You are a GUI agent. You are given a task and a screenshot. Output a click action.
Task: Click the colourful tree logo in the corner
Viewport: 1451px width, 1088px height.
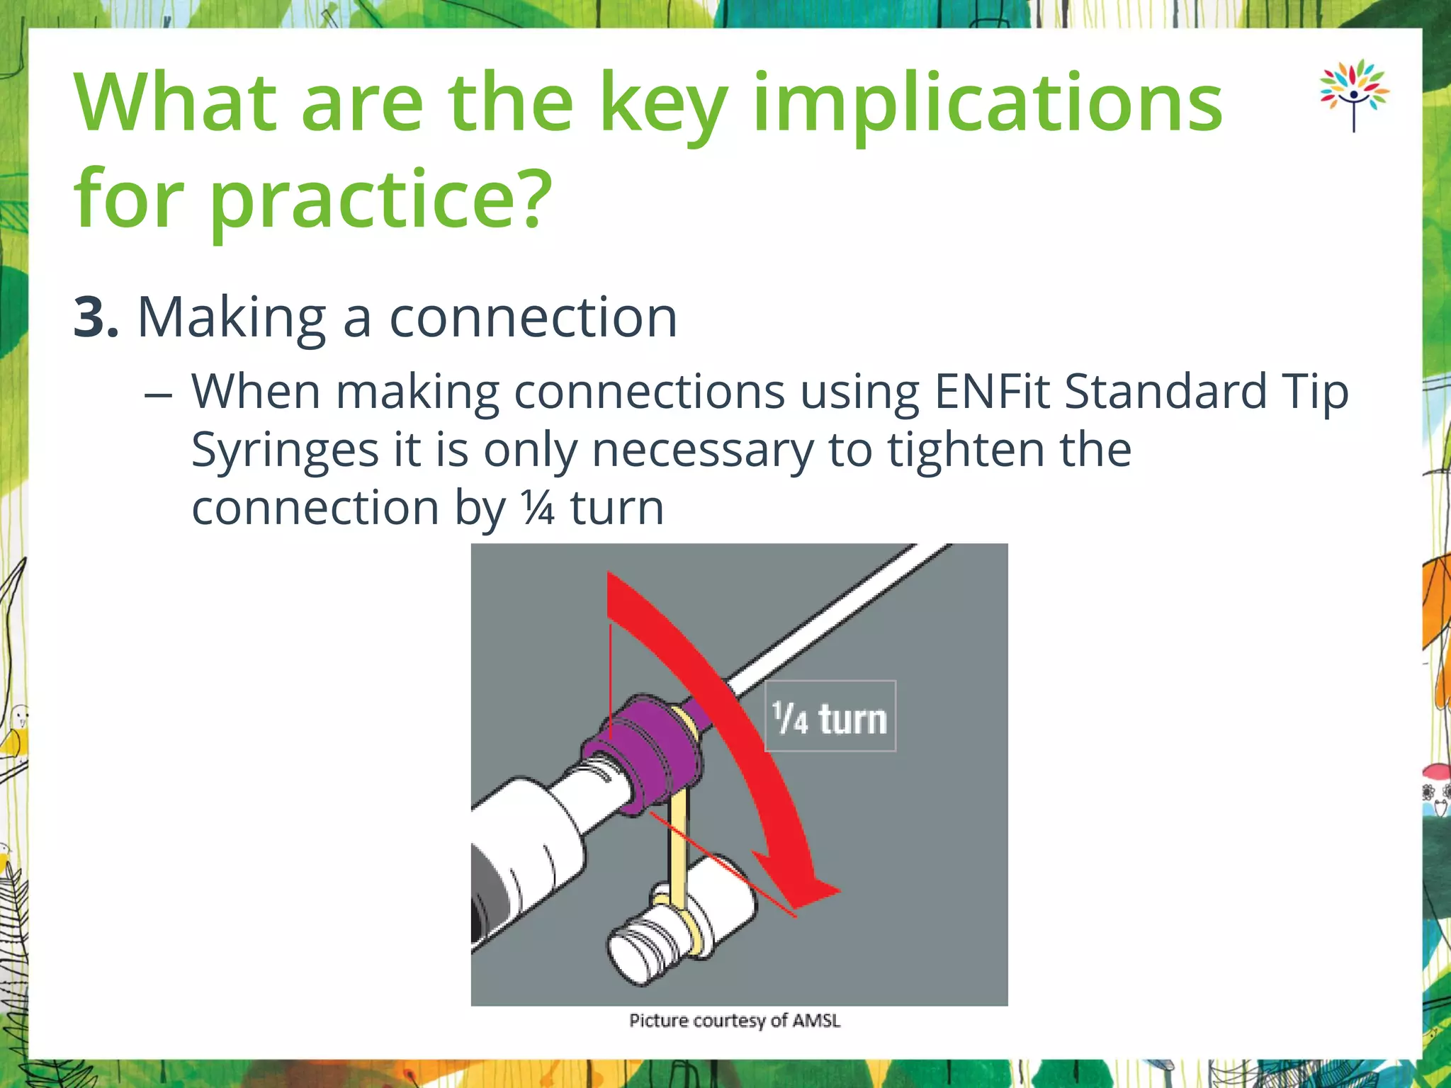tap(1353, 95)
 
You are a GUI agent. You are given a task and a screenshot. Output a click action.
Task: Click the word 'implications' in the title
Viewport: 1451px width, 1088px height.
tap(988, 103)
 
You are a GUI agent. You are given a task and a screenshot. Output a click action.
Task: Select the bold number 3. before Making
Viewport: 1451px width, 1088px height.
tap(96, 317)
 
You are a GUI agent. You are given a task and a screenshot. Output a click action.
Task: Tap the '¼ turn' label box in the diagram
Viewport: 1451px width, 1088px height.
tap(830, 717)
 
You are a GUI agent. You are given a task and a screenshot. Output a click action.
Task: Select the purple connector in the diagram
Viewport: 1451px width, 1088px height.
tap(648, 751)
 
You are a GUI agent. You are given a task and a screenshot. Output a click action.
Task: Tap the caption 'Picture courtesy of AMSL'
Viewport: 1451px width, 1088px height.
tap(735, 1021)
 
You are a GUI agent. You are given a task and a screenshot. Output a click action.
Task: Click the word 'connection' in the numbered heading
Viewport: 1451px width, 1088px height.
tap(533, 317)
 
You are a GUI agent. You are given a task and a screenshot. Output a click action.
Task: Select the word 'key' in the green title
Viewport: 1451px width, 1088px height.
tap(663, 103)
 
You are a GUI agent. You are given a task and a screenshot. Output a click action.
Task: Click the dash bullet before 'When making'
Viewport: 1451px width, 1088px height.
tap(157, 394)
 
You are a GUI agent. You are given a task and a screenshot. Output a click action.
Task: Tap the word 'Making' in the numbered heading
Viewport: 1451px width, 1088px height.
tap(232, 317)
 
